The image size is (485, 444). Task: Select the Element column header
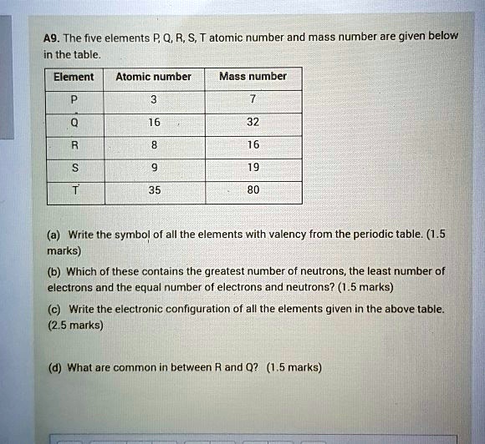click(x=74, y=77)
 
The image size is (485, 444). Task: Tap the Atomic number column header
click(x=153, y=77)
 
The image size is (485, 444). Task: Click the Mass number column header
click(x=253, y=77)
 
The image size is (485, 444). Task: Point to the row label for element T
click(x=74, y=190)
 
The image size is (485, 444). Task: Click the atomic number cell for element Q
click(x=153, y=122)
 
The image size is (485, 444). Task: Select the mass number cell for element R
click(x=253, y=144)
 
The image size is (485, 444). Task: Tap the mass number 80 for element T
click(x=253, y=190)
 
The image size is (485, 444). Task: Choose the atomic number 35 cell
click(x=153, y=190)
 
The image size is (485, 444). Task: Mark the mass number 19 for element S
click(x=253, y=167)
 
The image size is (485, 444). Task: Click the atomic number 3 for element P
click(x=153, y=100)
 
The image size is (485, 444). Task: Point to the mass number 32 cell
click(x=253, y=122)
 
